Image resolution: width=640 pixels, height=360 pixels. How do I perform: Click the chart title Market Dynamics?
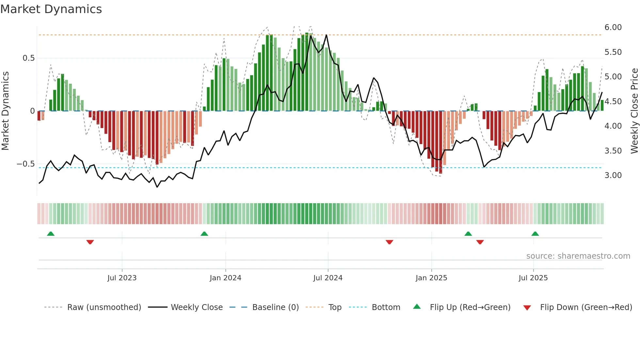pos(51,9)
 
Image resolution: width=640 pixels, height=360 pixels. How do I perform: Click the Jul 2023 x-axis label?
pos(122,278)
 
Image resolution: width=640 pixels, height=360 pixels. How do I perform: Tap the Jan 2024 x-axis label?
pos(225,278)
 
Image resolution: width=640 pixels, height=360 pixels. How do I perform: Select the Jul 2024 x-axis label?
pos(328,278)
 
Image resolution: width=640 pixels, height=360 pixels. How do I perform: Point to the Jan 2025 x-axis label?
pos(431,278)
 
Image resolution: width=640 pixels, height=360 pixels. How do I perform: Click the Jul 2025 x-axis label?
pos(533,278)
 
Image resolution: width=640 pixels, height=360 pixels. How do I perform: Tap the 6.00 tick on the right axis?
pos(613,27)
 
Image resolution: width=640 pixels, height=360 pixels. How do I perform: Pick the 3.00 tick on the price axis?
pos(613,175)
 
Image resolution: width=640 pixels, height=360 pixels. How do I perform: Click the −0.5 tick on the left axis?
pos(26,164)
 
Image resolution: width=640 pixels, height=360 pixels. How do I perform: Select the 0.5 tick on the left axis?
pos(28,58)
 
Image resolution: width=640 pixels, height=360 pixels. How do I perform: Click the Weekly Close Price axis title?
pos(634,111)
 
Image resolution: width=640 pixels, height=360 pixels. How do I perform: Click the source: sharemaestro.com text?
pos(578,256)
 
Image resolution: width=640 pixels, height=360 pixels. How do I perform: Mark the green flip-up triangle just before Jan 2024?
pos(204,234)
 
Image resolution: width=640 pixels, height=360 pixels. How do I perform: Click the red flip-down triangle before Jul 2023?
pos(90,242)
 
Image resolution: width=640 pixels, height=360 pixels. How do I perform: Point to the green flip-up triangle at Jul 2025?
pos(535,234)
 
